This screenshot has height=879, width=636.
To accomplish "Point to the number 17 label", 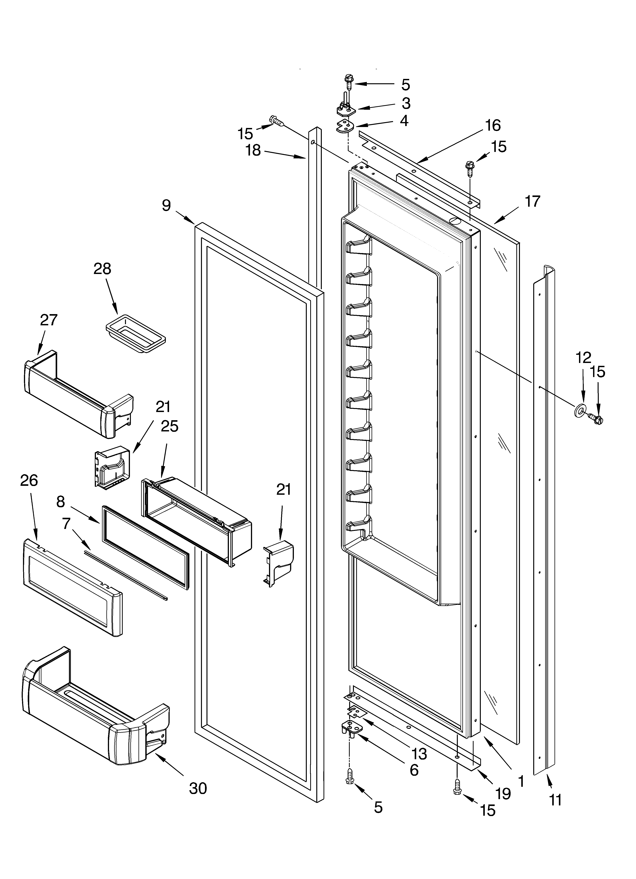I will (532, 202).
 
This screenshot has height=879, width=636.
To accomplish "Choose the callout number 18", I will (254, 150).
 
